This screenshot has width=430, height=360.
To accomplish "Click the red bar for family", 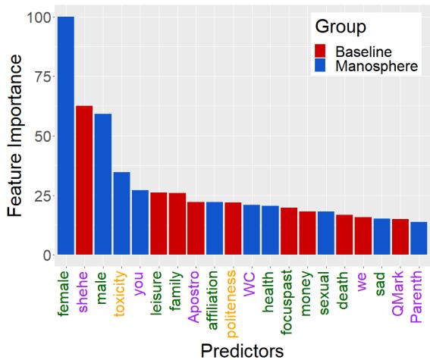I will click(177, 224).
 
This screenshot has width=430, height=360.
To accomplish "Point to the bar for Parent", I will click(419, 239).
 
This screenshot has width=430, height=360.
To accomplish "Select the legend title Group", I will click(341, 27).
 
